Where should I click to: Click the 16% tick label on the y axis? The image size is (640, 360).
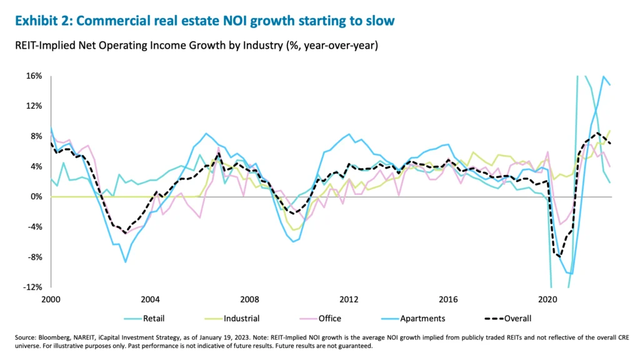34,76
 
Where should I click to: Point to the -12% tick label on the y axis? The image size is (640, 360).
32,287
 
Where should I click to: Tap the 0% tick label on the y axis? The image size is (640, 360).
36,197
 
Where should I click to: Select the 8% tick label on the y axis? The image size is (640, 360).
36,136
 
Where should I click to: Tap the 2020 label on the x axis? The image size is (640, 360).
548,299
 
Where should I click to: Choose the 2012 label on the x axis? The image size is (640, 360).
349,299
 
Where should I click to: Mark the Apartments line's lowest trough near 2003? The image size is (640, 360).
126,262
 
